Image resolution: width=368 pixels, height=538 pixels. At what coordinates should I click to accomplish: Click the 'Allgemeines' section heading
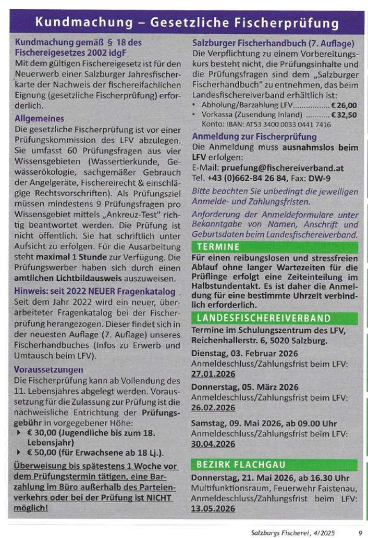(x=40, y=119)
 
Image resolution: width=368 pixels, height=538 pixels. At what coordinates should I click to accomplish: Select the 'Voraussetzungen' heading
(x=49, y=369)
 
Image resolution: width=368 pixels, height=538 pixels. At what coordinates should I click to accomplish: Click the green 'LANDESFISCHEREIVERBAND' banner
(x=263, y=318)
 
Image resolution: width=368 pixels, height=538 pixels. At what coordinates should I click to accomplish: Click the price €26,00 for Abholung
(x=344, y=105)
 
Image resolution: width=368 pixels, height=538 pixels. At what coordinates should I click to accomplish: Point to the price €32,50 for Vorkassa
(x=344, y=115)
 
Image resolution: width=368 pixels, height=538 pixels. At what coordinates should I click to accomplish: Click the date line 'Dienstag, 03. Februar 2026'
(x=242, y=353)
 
